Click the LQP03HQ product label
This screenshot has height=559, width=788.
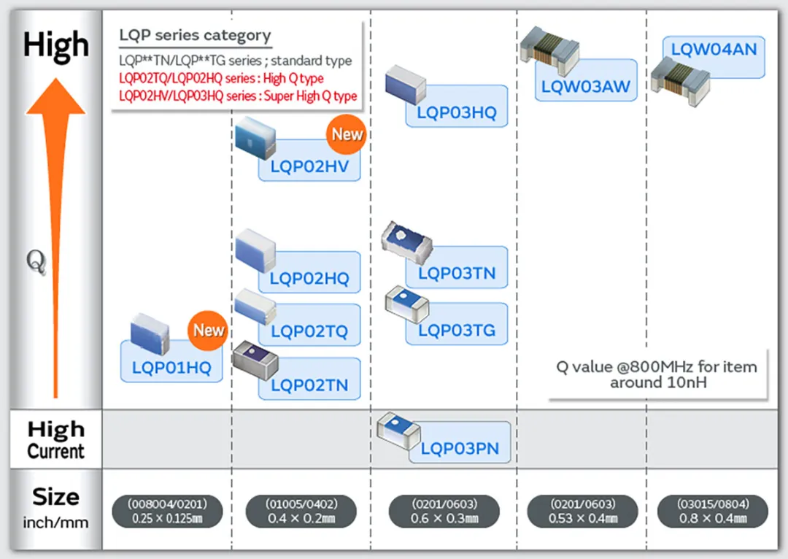point(457,112)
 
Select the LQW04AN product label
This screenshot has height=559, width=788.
point(714,50)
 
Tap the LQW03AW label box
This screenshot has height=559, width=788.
point(585,88)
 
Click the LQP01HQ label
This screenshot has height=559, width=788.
point(171,368)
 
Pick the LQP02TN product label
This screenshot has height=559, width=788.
point(309,385)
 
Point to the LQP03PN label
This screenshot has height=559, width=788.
point(460,448)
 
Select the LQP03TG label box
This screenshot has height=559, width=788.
point(457,330)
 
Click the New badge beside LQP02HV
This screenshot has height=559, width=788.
point(347,134)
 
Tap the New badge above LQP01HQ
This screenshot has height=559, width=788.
point(209,330)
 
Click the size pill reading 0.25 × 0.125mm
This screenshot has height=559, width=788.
point(167,512)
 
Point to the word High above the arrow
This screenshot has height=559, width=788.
point(55,45)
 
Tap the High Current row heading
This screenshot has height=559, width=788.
point(55,439)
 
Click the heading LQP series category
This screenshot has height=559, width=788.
point(195,35)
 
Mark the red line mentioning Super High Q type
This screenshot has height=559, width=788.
point(238,96)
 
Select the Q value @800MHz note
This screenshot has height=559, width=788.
point(657,374)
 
